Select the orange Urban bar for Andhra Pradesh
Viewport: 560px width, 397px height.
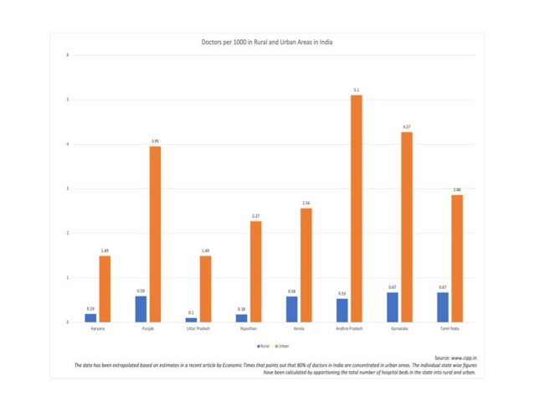357,209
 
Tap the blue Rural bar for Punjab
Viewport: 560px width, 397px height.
141,309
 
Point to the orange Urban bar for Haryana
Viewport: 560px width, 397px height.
105,289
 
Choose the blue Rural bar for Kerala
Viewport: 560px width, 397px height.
292,309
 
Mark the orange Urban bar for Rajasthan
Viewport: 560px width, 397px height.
256,271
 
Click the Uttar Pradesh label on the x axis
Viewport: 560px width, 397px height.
198,329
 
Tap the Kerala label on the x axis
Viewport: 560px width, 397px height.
299,329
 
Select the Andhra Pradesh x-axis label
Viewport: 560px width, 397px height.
349,329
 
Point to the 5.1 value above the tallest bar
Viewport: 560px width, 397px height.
357,90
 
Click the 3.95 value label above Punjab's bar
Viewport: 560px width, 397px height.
155,141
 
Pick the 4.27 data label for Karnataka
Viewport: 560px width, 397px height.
407,126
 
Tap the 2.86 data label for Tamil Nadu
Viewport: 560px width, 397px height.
457,189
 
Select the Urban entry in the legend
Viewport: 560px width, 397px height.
281,344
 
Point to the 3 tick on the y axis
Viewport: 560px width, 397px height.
67,188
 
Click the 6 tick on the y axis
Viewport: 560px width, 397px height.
67,55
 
